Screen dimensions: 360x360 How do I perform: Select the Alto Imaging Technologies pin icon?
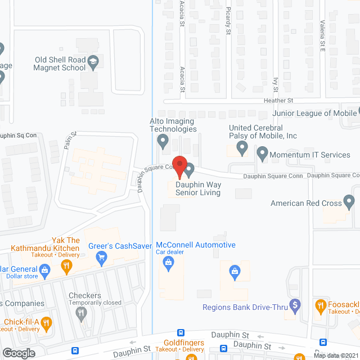(163, 141)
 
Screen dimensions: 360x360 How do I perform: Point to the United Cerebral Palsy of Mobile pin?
(242, 148)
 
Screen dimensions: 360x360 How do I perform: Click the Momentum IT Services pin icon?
(262, 152)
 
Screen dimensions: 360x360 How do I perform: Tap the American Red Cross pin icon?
(349, 201)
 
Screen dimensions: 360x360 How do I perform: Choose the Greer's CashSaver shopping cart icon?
(102, 258)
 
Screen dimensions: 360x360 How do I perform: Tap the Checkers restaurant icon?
(83, 313)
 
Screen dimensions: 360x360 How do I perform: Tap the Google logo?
(19, 353)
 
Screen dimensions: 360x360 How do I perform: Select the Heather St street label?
(279, 100)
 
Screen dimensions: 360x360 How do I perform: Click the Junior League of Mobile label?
(310, 112)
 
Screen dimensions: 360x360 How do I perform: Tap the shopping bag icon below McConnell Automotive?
(234, 272)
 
